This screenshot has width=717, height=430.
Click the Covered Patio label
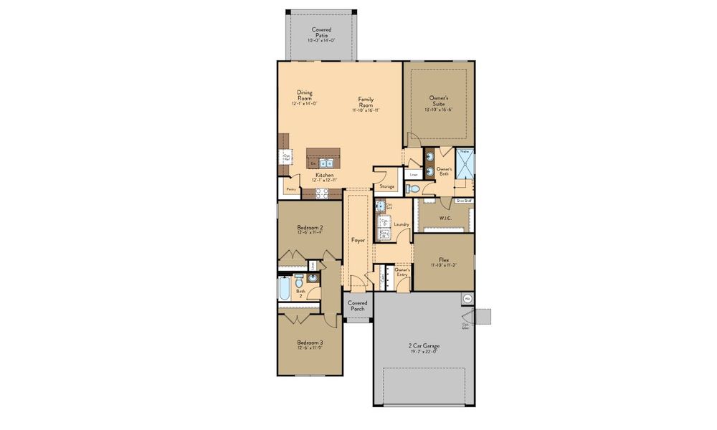321,32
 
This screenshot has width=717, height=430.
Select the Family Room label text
366,104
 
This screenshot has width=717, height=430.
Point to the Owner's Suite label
439,100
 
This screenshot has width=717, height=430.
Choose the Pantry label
291,189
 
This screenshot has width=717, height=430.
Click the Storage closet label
387,186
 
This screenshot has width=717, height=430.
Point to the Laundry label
401,224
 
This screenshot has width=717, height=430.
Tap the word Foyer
358,241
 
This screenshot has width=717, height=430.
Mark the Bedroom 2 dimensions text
310,232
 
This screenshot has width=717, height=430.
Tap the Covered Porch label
357,306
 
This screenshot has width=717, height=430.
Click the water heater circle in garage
467,298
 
